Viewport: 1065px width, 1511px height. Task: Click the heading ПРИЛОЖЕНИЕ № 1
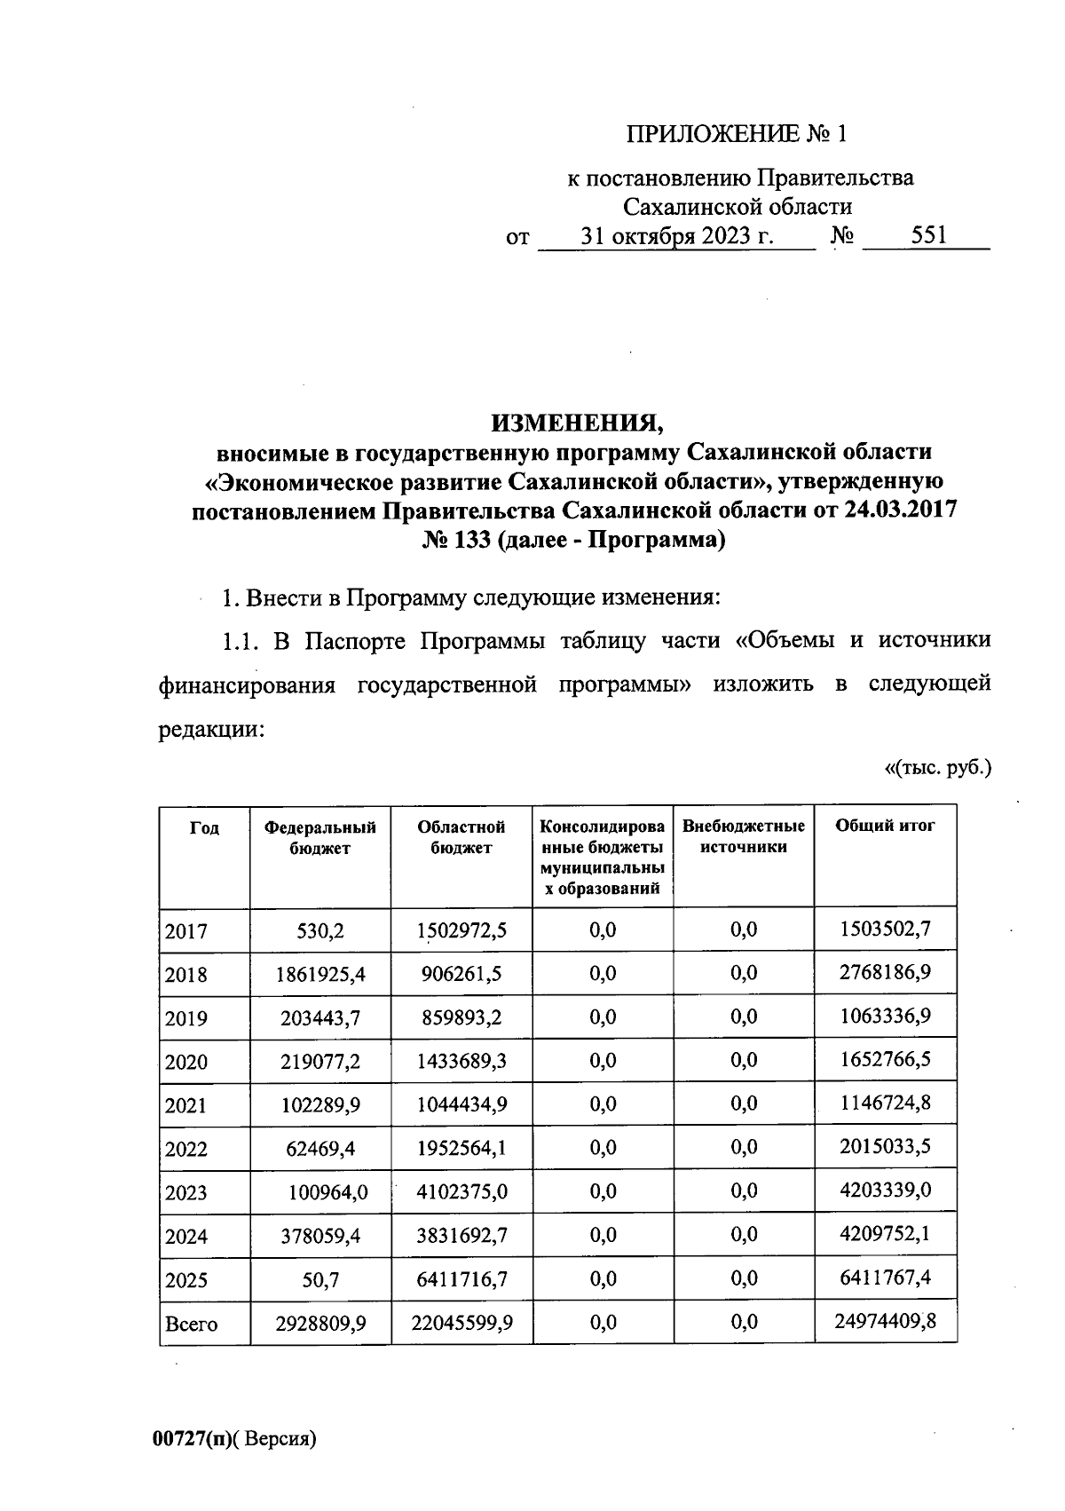pos(737,134)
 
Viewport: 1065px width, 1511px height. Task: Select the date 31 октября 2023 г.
pos(676,237)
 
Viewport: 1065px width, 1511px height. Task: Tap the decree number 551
pos(928,236)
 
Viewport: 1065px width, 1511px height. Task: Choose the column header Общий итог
pos(885,826)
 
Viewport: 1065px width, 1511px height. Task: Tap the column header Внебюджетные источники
pos(744,836)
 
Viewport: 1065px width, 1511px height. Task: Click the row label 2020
pos(186,1063)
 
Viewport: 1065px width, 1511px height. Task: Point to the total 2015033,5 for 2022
pos(885,1147)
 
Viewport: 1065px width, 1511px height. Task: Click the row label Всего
pos(191,1325)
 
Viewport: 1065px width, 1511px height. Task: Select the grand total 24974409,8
pos(885,1323)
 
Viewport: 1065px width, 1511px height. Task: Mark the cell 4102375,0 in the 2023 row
pos(461,1191)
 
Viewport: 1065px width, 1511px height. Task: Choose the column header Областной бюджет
pos(461,836)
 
